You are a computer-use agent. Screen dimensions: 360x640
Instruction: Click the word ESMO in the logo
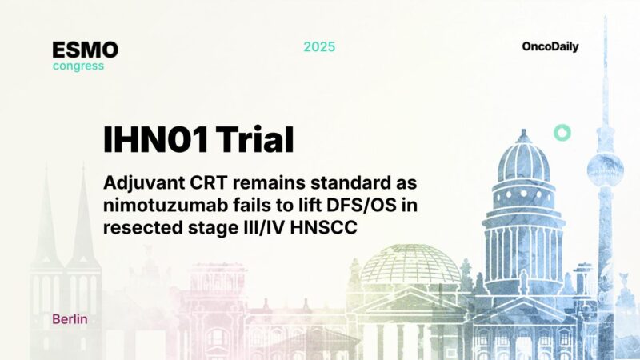click(85, 50)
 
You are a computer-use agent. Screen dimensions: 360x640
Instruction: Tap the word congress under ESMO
click(78, 66)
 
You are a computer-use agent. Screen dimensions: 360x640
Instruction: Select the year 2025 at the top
click(319, 46)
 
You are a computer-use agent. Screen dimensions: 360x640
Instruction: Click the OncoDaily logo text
click(550, 46)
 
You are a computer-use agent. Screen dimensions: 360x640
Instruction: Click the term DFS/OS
click(351, 205)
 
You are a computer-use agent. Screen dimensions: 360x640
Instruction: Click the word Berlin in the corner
click(70, 319)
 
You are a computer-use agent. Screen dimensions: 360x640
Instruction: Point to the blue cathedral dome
click(522, 160)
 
